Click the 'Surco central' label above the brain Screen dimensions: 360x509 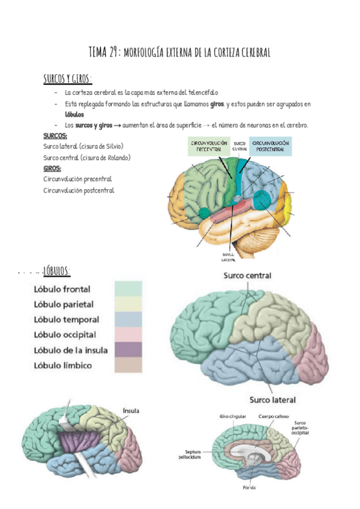(x=247, y=276)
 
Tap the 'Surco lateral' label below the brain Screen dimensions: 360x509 (x=272, y=399)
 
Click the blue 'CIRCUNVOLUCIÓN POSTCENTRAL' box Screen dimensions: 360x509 (x=271, y=147)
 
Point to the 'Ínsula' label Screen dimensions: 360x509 (x=131, y=411)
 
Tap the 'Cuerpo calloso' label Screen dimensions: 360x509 (x=273, y=417)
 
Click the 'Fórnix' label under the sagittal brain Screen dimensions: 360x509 (x=249, y=487)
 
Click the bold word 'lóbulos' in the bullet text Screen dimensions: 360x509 (x=74, y=114)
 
